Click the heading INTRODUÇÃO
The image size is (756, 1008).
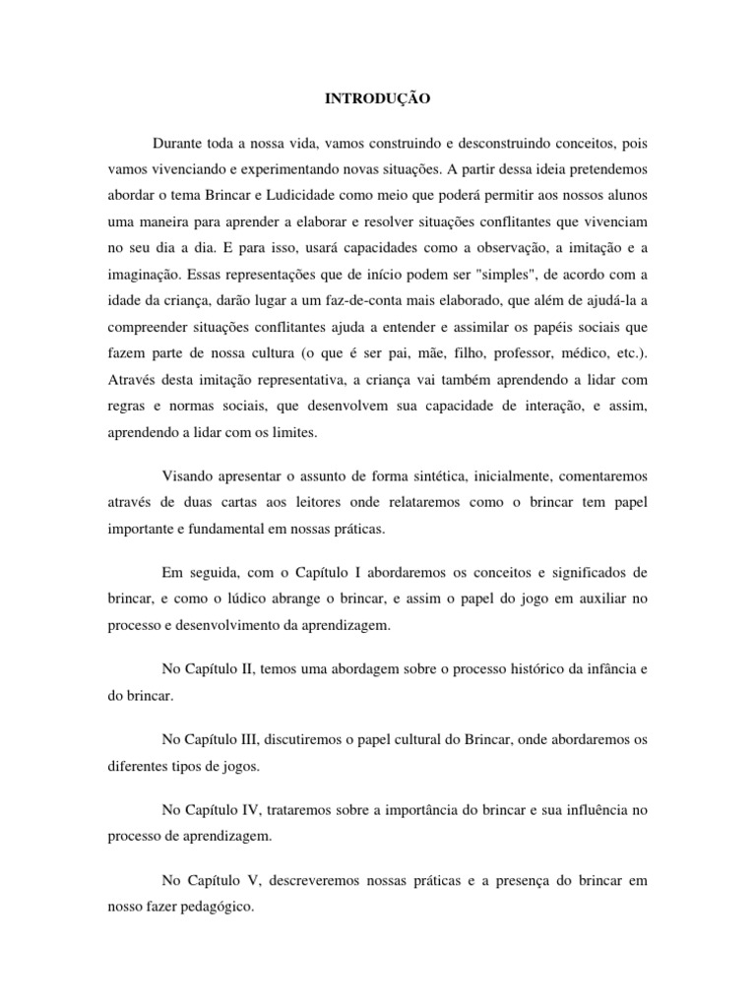tap(377, 99)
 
